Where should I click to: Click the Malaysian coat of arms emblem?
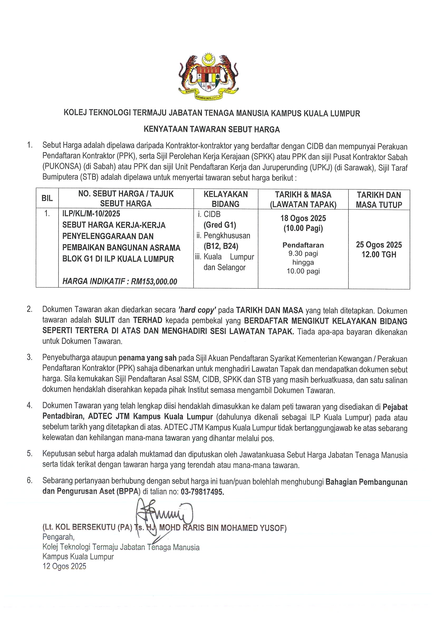(x=208, y=77)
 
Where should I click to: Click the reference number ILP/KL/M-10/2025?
(x=91, y=214)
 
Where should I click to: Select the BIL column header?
(x=47, y=199)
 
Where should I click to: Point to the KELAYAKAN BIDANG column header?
(x=225, y=199)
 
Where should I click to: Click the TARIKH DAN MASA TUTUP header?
(x=379, y=200)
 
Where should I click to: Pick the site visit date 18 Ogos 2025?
(x=303, y=218)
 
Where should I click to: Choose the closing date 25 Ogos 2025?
(x=379, y=244)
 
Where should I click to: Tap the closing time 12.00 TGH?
(x=379, y=254)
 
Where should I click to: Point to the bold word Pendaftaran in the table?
(x=303, y=245)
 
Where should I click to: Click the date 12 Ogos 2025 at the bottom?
(x=65, y=566)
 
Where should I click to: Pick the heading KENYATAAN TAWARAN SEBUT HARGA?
(x=212, y=129)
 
